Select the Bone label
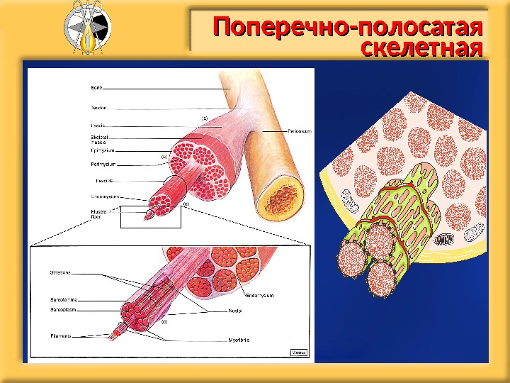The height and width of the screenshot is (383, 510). click(x=96, y=87)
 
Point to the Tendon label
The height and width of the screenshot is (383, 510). click(x=98, y=108)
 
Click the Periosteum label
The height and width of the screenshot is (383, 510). click(x=300, y=131)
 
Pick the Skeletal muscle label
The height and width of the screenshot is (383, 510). click(x=99, y=138)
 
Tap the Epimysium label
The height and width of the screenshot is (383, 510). click(x=103, y=150)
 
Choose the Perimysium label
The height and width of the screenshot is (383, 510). click(x=103, y=165)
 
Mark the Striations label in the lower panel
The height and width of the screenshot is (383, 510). click(x=60, y=272)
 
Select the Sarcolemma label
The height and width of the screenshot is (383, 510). click(x=63, y=300)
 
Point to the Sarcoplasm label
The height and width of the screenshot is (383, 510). click(x=63, y=310)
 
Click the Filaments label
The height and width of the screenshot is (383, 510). click(x=61, y=335)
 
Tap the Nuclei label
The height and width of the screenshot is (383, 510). click(x=236, y=311)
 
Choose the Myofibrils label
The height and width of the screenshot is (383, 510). click(x=239, y=340)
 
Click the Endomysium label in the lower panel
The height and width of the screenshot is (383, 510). click(x=259, y=294)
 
